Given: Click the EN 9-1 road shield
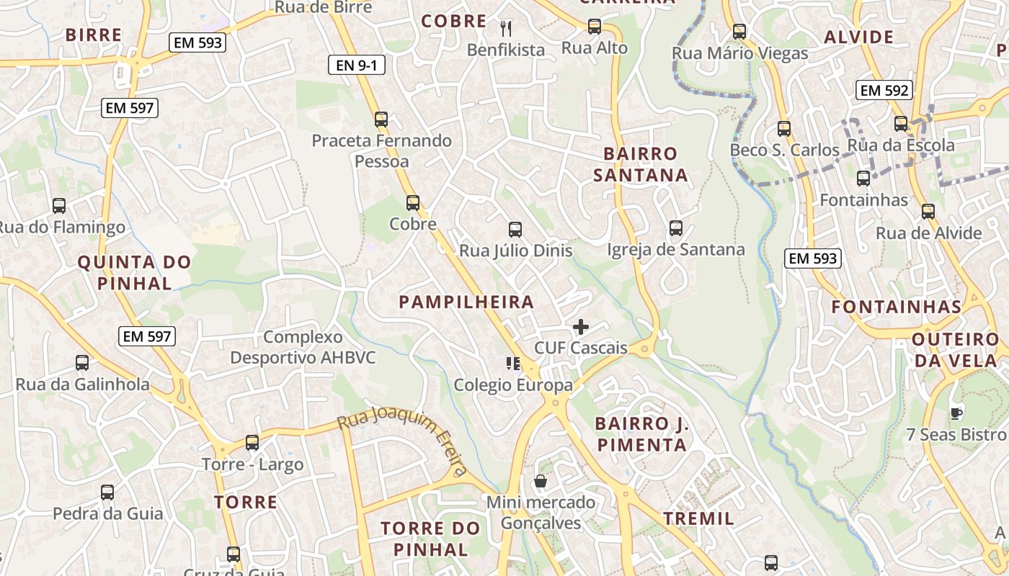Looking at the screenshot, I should click(357, 65).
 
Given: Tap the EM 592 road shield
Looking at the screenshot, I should click(884, 90).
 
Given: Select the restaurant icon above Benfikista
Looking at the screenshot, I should click(506, 28).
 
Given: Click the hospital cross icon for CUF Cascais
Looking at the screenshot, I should click(580, 328).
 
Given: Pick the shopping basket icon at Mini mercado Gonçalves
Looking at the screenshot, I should click(541, 481).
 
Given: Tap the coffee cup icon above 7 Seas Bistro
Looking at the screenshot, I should click(956, 413).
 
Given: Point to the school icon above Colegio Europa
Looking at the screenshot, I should click(513, 364).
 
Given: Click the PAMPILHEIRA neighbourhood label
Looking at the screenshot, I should click(467, 302).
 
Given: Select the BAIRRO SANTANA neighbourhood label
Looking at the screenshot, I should click(641, 164).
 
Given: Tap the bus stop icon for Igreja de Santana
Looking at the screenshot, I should click(675, 228).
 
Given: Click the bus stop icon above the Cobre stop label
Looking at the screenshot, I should click(413, 203).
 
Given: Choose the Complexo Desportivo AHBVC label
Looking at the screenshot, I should click(303, 347).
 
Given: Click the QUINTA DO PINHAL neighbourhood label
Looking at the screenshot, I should click(134, 272).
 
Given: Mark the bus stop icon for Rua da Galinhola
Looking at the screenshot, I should click(82, 363).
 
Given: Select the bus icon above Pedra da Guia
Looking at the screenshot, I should click(107, 492).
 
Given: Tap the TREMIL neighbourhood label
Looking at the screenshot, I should click(698, 518).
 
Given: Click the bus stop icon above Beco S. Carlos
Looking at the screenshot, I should click(784, 129).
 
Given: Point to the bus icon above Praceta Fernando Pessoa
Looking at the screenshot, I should click(381, 120).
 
